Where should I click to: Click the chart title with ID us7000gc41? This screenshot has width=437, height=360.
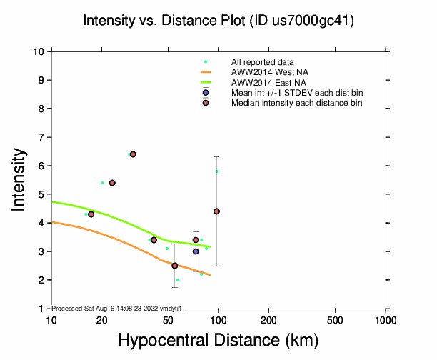click(218, 21)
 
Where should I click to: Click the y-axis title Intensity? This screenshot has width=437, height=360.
click(21, 179)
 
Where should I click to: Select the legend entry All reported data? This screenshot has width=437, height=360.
click(268, 62)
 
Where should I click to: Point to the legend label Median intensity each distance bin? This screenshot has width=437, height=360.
click(296, 103)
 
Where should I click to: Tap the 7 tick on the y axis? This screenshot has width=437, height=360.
click(42, 137)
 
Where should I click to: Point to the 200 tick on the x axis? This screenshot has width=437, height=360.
click(268, 319)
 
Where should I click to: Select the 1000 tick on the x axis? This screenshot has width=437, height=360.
click(386, 319)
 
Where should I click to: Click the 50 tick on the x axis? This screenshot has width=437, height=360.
click(168, 319)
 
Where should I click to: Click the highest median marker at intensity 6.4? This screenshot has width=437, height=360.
click(133, 154)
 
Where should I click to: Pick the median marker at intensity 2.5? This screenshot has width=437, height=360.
click(175, 266)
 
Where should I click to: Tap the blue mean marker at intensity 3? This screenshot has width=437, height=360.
click(196, 251)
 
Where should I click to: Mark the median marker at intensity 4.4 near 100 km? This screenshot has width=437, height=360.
click(216, 211)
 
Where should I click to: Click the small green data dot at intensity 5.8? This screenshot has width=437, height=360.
click(216, 171)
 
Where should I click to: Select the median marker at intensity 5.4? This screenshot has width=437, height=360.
click(112, 183)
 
